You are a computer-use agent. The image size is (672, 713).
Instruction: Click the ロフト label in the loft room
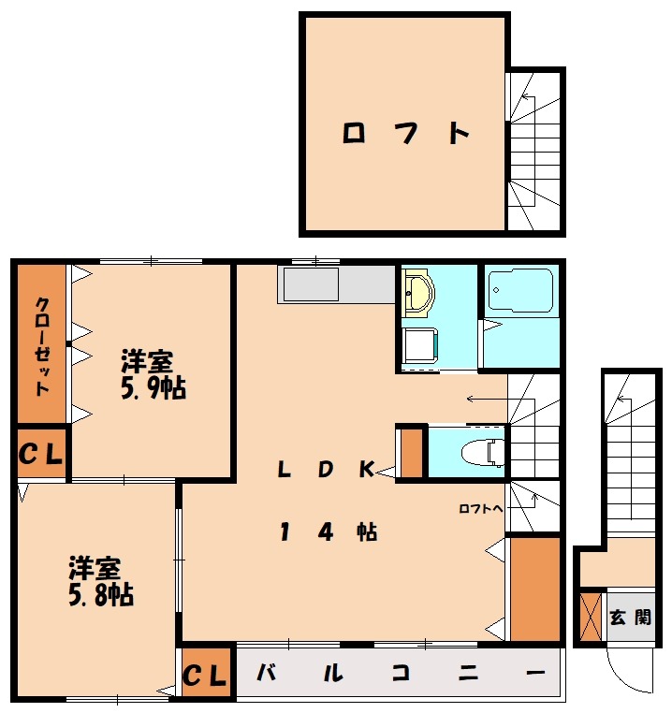point(405,134)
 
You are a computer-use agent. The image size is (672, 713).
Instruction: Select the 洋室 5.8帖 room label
point(99,581)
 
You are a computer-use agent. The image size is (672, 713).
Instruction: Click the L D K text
point(326,470)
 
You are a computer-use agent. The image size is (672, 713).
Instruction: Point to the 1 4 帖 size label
point(328,532)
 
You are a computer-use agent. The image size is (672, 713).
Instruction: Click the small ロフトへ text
point(481,509)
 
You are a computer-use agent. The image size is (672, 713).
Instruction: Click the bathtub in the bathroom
point(519,291)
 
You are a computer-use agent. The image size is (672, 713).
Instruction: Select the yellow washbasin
point(418,294)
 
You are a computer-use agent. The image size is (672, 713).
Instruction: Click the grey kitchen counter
point(335,284)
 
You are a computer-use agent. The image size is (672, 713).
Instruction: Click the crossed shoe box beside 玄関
point(591,617)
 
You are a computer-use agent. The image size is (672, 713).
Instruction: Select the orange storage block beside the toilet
point(411,453)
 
